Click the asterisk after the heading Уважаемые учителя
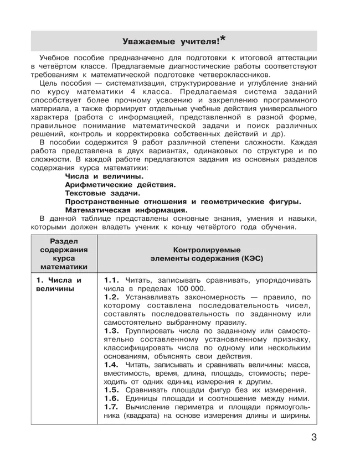click(x=223, y=38)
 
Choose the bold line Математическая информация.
click(x=126, y=210)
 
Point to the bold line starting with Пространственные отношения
click(x=183, y=201)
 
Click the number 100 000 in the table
click(x=186, y=289)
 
